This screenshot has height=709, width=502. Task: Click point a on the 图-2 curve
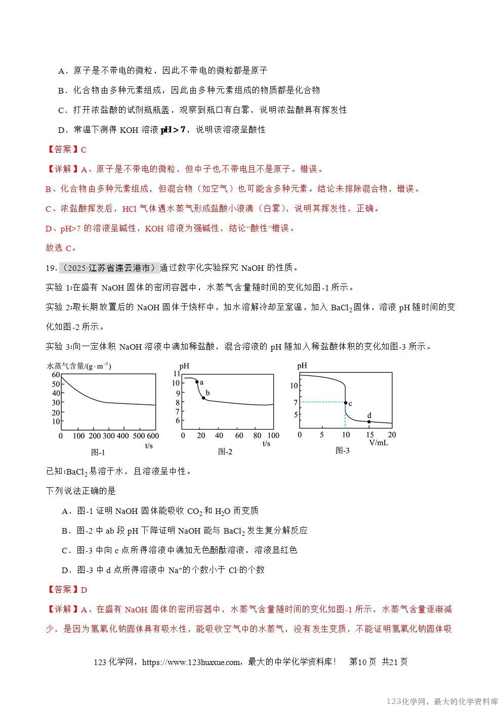coord(197,382)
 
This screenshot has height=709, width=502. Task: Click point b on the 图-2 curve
coord(203,398)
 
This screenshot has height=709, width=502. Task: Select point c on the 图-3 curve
coord(346,403)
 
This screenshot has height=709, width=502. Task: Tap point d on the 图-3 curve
coord(369,421)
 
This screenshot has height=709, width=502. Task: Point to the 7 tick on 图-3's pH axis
coord(295,402)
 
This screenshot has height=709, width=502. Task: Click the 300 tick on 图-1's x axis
coord(109,436)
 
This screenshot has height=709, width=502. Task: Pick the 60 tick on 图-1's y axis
coord(56,375)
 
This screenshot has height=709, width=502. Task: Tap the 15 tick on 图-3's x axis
coord(369,435)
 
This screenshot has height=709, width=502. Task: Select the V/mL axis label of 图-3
coord(379,443)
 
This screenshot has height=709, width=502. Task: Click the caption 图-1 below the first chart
coord(97,452)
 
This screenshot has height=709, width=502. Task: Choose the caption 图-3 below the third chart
coord(343,450)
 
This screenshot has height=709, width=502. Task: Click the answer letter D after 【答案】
coord(84,590)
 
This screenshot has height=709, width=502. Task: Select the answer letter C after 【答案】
coord(84,150)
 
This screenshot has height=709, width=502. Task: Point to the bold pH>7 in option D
coord(173,130)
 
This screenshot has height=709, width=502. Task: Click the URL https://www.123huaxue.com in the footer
coord(196,662)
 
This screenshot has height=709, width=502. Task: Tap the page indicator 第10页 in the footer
coord(362,662)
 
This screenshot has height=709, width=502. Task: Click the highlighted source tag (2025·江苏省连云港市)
coord(109,268)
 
